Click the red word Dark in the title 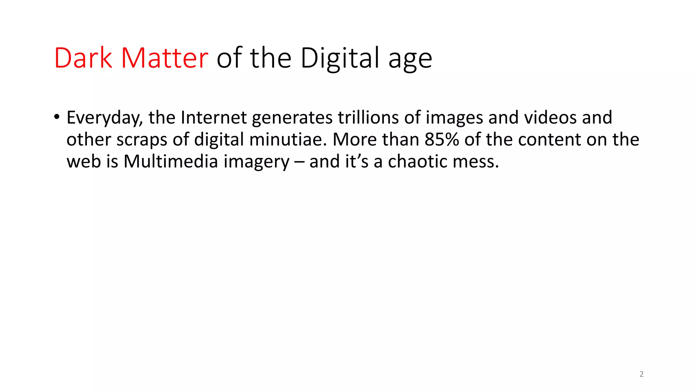click(x=83, y=58)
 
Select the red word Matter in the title click(x=164, y=58)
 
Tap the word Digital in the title click(x=340, y=59)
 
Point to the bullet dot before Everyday click(x=56, y=117)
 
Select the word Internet click(x=214, y=117)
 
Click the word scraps click(x=142, y=140)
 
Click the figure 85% click(x=442, y=140)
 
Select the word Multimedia click(x=171, y=161)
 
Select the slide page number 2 click(x=642, y=374)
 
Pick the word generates click(x=292, y=118)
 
